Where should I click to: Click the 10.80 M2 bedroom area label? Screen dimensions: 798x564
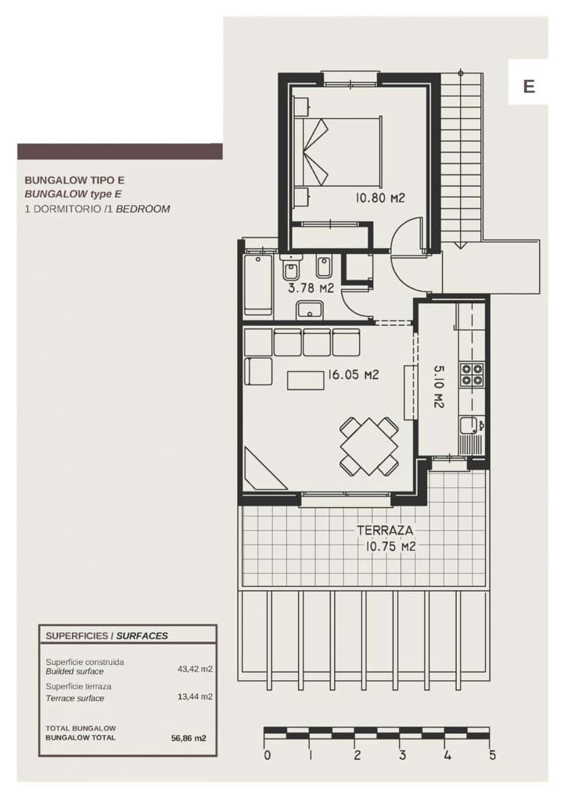pos(380,198)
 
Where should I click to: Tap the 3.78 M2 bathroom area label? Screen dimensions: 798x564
pos(310,289)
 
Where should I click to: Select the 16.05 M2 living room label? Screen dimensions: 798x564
pos(352,375)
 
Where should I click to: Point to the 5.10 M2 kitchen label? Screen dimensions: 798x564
pos(438,386)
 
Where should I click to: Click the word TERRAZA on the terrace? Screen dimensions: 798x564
pos(386,531)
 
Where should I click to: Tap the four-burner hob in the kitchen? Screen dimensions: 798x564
pos(473,374)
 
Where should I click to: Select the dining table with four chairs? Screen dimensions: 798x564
pos(368,446)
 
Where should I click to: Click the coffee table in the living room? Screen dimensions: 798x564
pos(305,380)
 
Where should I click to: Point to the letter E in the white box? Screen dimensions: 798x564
pos(529,86)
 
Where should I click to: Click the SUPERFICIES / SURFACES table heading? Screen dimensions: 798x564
pos(106,636)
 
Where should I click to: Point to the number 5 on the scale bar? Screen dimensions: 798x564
pos(492,755)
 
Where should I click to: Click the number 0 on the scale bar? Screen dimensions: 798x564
pos(267,755)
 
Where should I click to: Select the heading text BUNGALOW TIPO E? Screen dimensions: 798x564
pos(74,180)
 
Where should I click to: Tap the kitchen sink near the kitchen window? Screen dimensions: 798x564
pos(470,424)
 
